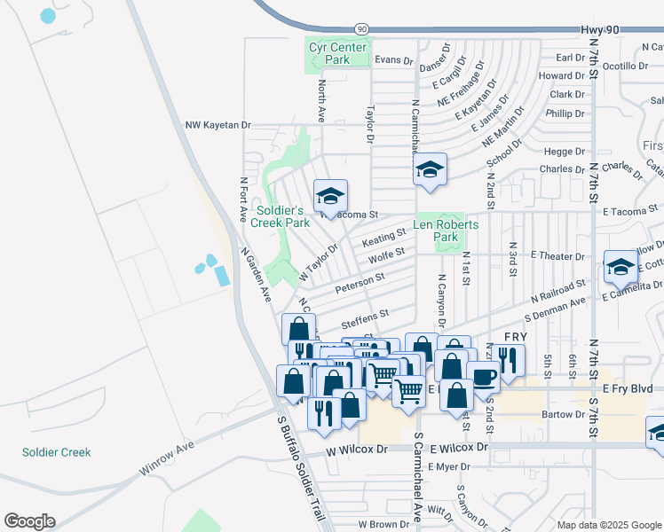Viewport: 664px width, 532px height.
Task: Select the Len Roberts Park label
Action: (446, 231)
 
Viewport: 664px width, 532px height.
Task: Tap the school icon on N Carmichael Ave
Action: (430, 170)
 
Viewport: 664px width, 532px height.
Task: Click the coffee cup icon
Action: (484, 378)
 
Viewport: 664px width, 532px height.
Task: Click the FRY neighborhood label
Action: (516, 338)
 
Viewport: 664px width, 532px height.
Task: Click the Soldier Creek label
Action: (57, 452)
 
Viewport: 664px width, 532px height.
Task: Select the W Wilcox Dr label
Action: (357, 450)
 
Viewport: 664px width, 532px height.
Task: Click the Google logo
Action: (29, 521)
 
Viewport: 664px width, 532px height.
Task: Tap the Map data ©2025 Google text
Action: (608, 525)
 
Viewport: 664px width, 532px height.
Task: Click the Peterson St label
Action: (360, 284)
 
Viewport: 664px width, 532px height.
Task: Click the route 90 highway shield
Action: (362, 29)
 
